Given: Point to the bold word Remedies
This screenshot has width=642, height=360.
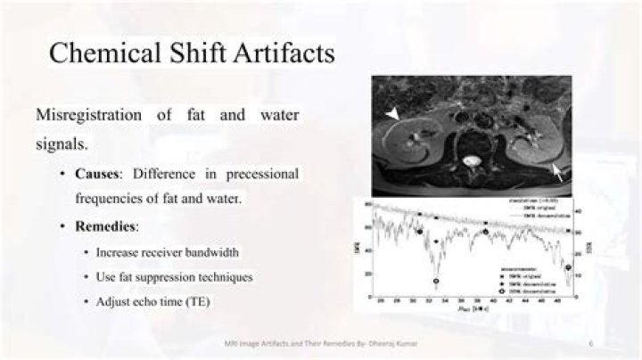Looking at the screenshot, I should [x=108, y=226].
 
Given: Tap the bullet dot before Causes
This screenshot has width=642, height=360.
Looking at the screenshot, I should [x=63, y=174].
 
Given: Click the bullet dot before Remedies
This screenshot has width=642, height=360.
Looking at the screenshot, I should [x=63, y=227].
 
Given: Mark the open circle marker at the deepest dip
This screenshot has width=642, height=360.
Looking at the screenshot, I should [x=436, y=282].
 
